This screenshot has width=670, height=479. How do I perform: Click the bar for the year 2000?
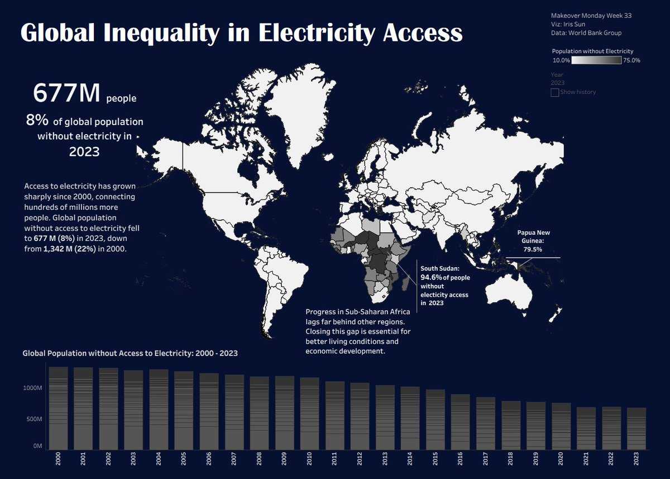(x=58, y=408)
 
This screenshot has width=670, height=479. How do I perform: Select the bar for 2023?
(x=636, y=428)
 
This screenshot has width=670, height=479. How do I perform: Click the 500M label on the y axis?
(x=33, y=419)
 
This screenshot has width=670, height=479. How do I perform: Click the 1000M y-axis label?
(x=31, y=387)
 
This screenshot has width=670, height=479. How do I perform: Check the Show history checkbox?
(x=555, y=92)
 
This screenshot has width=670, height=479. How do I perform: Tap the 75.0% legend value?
(x=631, y=60)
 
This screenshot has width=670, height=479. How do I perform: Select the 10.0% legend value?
(x=561, y=60)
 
